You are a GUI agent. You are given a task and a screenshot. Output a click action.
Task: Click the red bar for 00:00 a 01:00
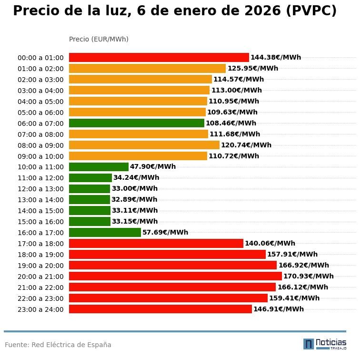pos(159,57)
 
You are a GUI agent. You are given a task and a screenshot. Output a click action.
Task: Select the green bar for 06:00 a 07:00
pos(136,123)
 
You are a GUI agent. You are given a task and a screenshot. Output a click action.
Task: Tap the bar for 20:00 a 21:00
pos(175,276)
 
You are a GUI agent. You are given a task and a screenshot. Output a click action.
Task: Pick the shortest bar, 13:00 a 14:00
pos(90,199)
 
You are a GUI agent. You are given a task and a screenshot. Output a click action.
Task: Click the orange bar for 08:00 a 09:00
pos(144,145)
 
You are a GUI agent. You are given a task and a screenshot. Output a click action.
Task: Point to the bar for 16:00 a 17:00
pos(105,232)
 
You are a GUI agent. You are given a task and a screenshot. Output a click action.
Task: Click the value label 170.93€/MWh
pos(308,276)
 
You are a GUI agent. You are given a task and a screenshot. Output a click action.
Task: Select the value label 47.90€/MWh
pos(153,167)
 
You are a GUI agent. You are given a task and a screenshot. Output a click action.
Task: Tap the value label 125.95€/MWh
pos(252,68)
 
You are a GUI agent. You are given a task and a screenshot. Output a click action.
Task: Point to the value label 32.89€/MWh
pos(134,199)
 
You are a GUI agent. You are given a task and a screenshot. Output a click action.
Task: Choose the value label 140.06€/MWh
pos(270,243)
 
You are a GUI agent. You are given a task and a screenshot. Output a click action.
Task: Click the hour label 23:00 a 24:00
pos(40,309)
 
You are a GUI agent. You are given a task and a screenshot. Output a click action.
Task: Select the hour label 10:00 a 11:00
pos(40,167)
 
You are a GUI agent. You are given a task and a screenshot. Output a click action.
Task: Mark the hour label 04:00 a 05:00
pos(40,102)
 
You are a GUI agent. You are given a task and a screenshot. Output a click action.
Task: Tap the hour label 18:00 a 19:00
pos(40,255)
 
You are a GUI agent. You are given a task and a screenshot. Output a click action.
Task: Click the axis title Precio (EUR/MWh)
pos(99,39)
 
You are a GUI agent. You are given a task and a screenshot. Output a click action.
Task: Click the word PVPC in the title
pos(311,11)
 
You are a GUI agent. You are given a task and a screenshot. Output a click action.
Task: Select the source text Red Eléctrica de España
pos(71,345)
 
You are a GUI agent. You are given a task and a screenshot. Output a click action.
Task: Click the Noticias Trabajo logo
pos(324,344)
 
